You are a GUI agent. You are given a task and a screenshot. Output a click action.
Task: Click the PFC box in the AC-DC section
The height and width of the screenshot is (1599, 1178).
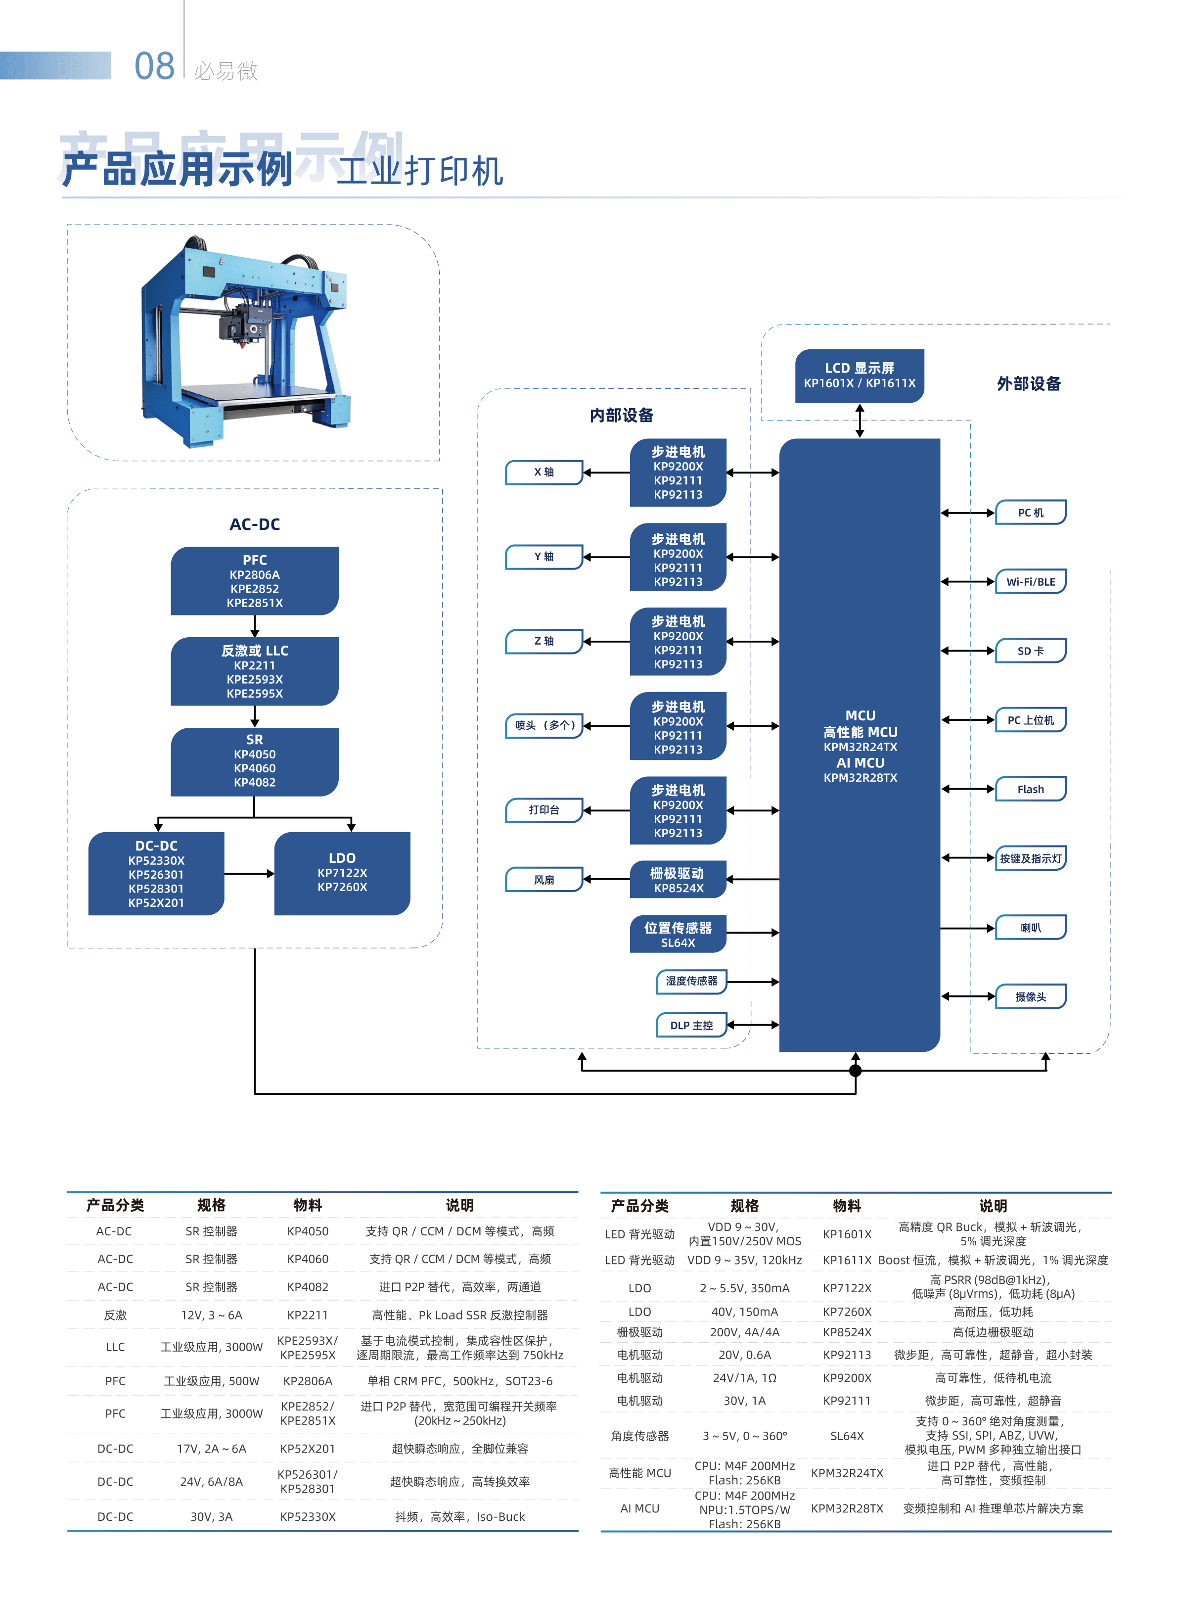[255, 580]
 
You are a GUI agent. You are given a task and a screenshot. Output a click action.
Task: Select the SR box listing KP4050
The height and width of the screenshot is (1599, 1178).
[255, 762]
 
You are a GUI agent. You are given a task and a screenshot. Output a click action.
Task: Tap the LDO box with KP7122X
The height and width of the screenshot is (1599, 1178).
[342, 873]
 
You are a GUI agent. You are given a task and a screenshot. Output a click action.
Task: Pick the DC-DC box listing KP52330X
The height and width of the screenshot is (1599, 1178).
[156, 873]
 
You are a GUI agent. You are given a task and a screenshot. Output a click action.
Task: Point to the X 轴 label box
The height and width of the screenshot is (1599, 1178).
[544, 472]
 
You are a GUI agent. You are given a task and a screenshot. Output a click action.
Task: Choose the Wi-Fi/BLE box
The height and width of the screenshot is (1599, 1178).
[1031, 582]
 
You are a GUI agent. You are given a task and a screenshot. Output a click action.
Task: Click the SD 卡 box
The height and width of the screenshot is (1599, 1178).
[1031, 651]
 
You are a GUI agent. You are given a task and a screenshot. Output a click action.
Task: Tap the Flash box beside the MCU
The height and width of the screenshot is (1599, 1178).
[1031, 789]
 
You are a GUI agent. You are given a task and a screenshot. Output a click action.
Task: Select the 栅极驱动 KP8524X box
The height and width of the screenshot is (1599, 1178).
[678, 879]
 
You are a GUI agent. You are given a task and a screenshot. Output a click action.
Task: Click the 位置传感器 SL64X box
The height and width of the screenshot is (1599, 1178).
[678, 934]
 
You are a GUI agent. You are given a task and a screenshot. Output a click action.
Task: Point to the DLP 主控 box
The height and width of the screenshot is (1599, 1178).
[691, 1025]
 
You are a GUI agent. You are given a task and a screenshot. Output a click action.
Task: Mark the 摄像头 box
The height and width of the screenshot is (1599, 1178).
[1031, 996]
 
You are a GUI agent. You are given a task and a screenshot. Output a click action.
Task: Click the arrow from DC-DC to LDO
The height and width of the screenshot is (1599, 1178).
[250, 874]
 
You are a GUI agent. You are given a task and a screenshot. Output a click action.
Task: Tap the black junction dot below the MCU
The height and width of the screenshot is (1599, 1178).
[856, 1071]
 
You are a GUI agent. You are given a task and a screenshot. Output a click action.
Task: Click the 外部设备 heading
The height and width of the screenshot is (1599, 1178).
[1029, 384]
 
